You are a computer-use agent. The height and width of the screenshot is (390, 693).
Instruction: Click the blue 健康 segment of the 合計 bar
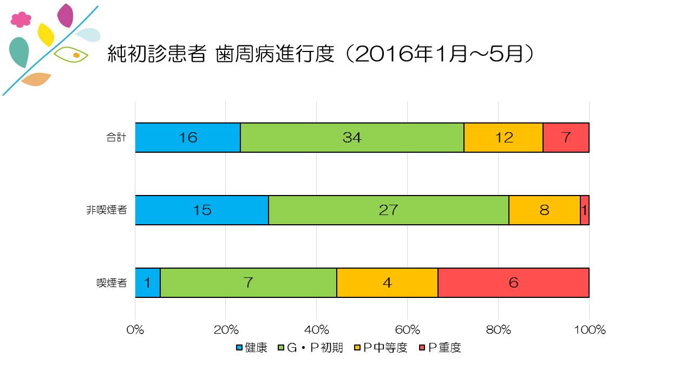(187, 138)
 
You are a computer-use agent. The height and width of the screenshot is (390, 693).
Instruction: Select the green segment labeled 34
(352, 138)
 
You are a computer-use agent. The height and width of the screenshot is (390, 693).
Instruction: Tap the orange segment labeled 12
(504, 138)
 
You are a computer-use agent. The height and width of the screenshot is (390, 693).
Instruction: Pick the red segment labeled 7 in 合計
(566, 138)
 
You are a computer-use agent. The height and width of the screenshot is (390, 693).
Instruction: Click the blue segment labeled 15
(201, 210)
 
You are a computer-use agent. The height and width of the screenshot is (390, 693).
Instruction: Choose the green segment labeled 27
(388, 210)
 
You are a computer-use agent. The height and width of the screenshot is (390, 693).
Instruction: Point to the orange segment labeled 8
(544, 210)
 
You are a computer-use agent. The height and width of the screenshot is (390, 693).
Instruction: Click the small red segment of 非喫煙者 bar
(585, 210)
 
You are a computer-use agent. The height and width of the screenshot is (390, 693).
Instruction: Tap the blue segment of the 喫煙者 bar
(147, 283)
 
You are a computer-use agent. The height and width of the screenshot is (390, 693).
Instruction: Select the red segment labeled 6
(513, 283)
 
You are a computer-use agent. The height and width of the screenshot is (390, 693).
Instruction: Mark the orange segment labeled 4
(387, 283)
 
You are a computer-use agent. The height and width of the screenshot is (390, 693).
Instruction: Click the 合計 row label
(116, 138)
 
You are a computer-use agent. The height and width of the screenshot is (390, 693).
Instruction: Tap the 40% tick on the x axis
(317, 330)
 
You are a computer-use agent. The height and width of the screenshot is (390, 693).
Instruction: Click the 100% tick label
(589, 330)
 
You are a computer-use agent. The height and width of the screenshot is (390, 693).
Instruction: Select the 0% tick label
(135, 330)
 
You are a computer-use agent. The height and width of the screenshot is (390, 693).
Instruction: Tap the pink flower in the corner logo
(21, 19)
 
